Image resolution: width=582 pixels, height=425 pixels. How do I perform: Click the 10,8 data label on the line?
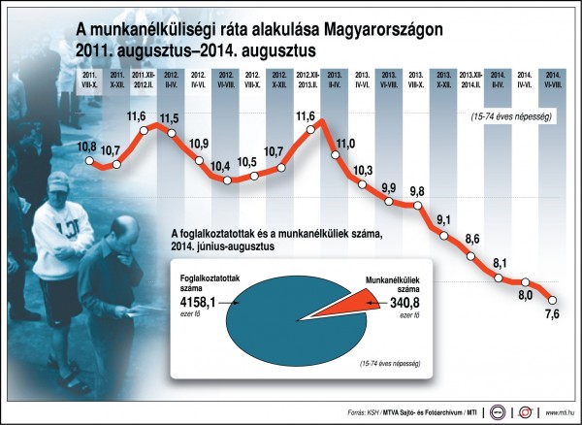pyautogui.click(x=85, y=145)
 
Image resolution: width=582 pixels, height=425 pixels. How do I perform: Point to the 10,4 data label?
pyautogui.click(x=224, y=165)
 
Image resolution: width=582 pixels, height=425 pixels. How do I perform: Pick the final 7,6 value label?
pyautogui.click(x=554, y=314)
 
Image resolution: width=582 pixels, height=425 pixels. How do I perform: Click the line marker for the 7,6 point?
pyautogui.click(x=554, y=298)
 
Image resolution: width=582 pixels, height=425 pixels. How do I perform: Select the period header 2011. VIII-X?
pyautogui.click(x=88, y=77)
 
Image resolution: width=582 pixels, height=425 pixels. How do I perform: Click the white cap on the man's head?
pyautogui.click(x=59, y=180)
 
